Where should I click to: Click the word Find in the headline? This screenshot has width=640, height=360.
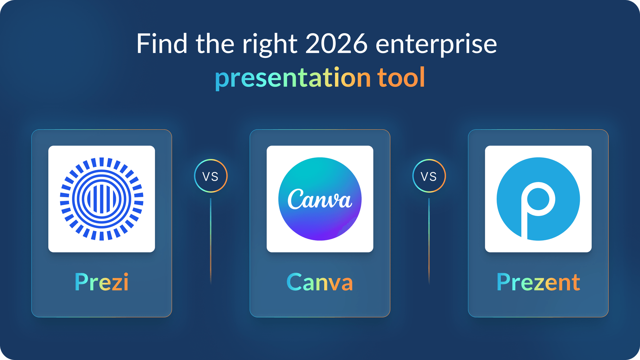tap(162, 44)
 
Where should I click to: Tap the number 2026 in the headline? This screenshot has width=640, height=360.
tap(336, 44)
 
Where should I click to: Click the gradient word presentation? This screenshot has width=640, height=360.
tap(293, 78)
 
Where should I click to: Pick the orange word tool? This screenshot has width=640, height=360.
tap(401, 77)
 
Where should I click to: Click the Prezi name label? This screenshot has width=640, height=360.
tap(102, 282)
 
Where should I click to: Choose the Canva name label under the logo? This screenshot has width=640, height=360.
tap(320, 282)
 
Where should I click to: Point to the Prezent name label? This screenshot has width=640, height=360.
tap(538, 282)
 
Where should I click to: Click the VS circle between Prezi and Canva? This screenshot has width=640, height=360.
tap(211, 176)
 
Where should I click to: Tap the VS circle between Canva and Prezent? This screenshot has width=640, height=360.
tap(429, 176)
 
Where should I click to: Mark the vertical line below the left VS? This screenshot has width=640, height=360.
tap(211, 240)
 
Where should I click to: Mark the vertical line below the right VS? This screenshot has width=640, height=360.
tap(429, 240)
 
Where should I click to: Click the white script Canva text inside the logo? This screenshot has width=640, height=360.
tap(320, 199)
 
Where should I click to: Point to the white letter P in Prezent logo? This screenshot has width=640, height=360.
tap(538, 205)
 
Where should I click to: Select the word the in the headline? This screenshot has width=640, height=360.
tap(215, 44)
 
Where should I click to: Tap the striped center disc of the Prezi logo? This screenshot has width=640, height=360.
tap(102, 199)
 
